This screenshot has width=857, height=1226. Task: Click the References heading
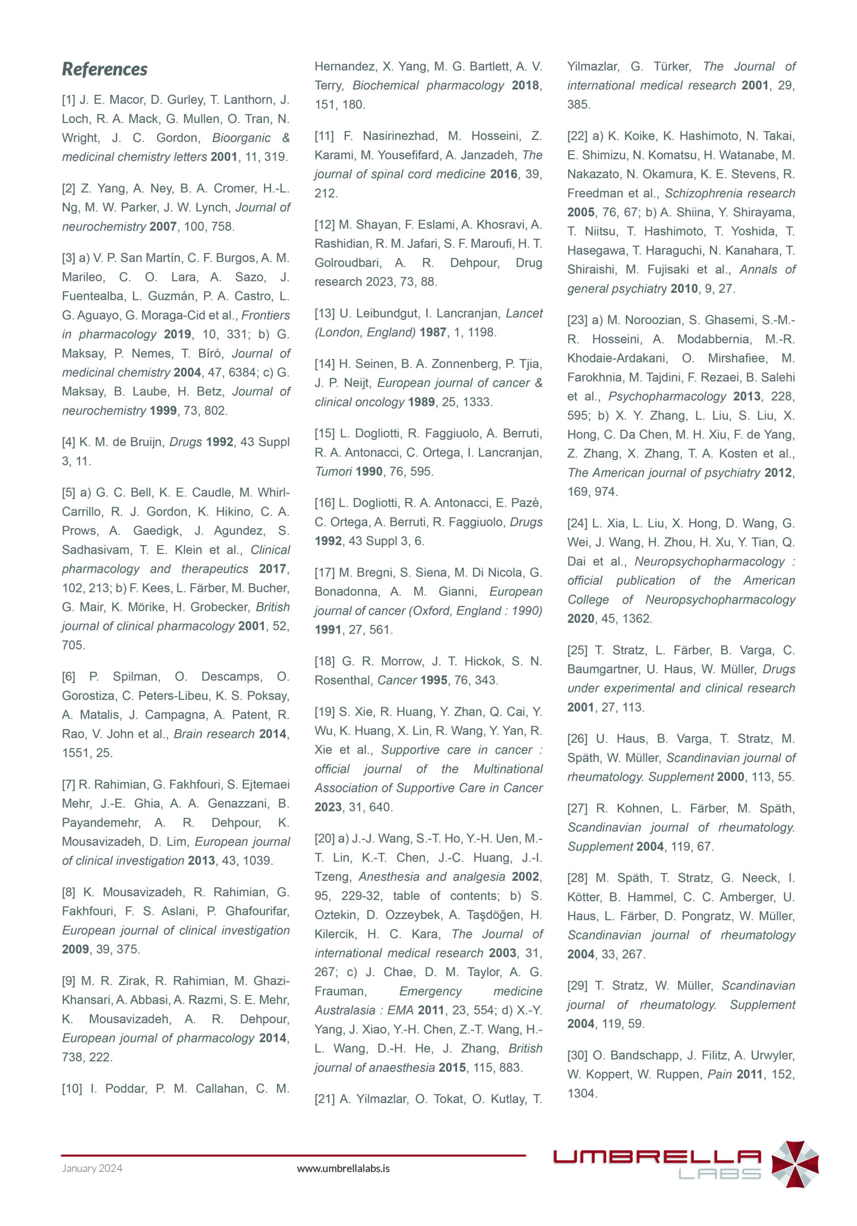(104, 69)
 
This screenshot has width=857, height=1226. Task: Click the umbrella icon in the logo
(795, 1165)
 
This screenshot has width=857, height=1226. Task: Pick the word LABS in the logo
(719, 1174)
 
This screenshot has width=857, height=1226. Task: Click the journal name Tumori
(333, 472)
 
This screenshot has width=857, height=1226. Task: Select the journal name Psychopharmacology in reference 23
(667, 396)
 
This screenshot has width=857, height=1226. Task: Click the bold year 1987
(433, 332)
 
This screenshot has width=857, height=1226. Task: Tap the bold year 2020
(581, 618)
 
